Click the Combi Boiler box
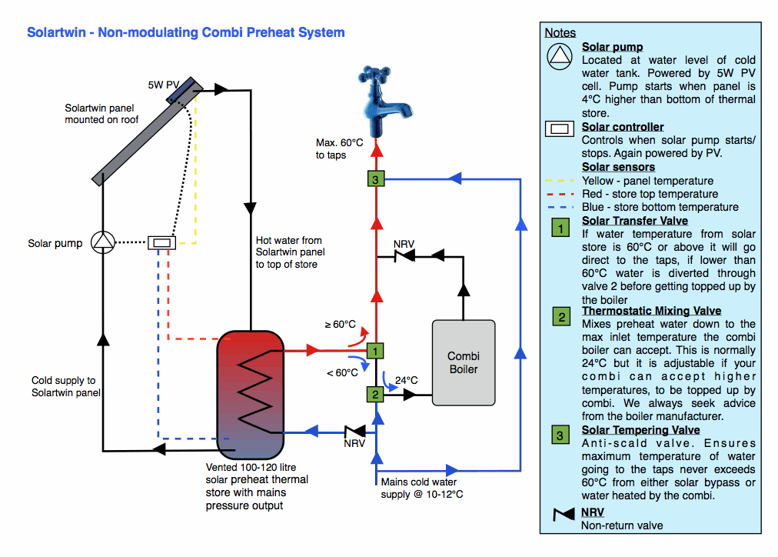pyautogui.click(x=463, y=362)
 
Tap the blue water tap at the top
pyautogui.click(x=377, y=96)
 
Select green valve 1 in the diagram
pyautogui.click(x=375, y=351)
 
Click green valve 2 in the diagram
pyautogui.click(x=375, y=394)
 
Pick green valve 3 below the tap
pyautogui.click(x=375, y=180)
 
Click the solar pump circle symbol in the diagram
pyautogui.click(x=102, y=243)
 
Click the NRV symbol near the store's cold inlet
pyautogui.click(x=354, y=432)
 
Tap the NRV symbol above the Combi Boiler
pyautogui.click(x=403, y=257)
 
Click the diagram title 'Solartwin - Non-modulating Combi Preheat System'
pyautogui.click(x=185, y=32)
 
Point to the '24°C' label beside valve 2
pyautogui.click(x=406, y=380)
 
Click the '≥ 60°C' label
pyautogui.click(x=341, y=324)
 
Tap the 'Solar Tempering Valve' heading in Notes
pyautogui.click(x=640, y=430)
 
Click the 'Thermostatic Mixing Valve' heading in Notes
pyautogui.click(x=651, y=311)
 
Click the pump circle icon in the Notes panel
pyautogui.click(x=561, y=55)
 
